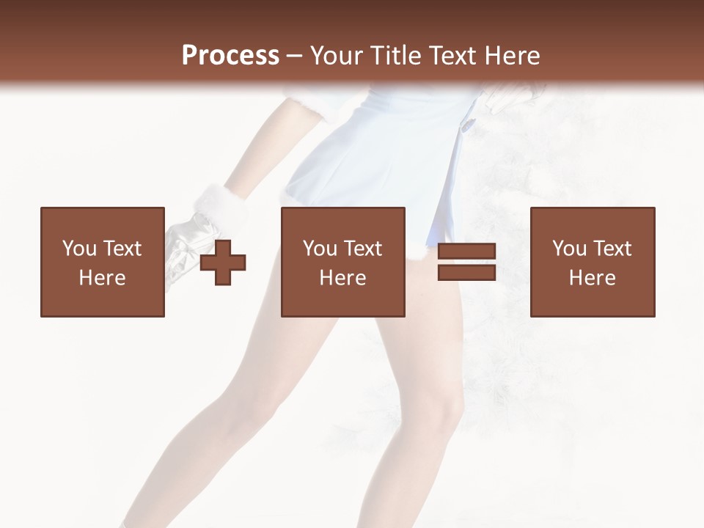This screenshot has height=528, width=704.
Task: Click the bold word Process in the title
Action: [230, 55]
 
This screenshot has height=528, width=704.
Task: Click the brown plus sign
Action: [223, 263]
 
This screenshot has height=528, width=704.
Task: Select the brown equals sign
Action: [466, 262]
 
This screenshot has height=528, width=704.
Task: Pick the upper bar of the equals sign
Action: [466, 252]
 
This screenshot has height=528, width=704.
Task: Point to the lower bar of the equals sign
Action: [466, 272]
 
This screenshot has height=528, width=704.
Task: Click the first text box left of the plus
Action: [102, 262]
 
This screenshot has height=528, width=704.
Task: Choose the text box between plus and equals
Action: [342, 262]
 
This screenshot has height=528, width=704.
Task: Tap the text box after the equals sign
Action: [592, 262]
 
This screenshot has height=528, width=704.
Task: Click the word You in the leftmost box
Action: [78, 249]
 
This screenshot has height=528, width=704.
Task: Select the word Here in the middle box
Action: [342, 278]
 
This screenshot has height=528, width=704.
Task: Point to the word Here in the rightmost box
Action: [592, 278]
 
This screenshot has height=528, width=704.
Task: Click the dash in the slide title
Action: [295, 56]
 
